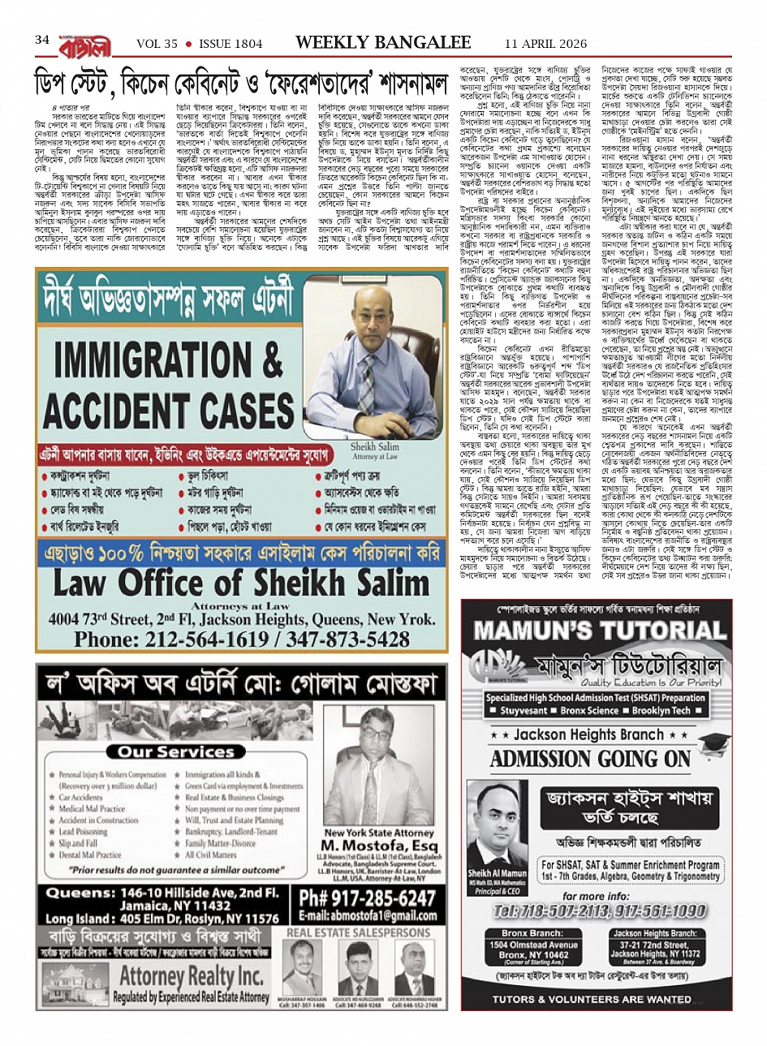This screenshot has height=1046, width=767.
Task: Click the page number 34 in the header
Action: [42, 40]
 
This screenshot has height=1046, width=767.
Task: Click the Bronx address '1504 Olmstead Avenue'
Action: [528, 945]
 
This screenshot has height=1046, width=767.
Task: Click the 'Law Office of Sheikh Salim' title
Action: [230, 583]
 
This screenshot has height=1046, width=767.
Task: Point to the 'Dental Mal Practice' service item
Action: [90, 854]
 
